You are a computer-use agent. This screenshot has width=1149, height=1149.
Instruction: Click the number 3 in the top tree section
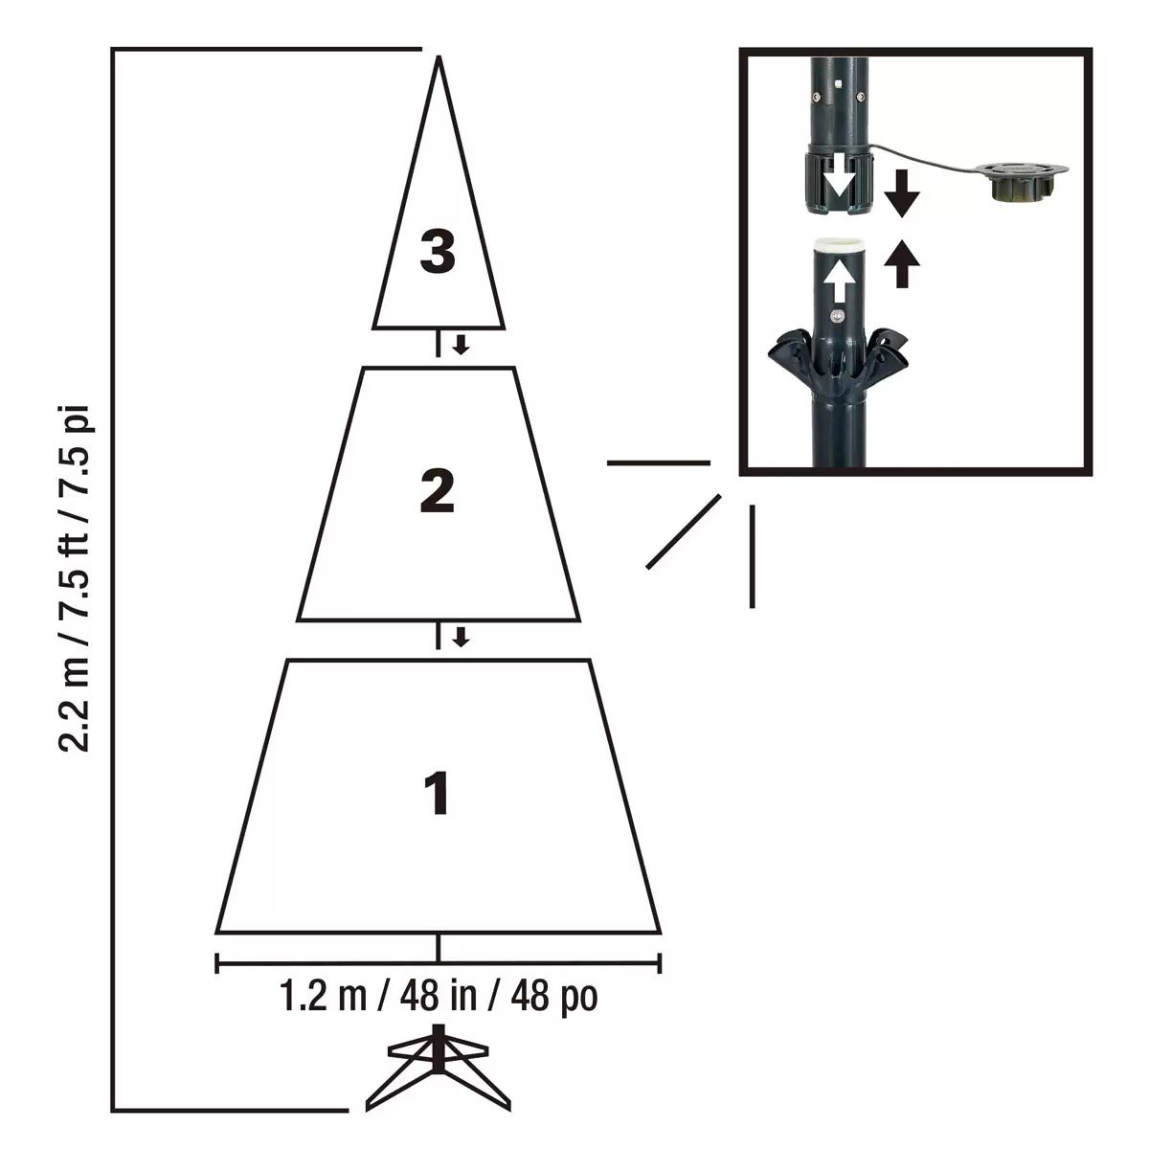[438, 253]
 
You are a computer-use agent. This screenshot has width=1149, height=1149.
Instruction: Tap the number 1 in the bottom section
[437, 794]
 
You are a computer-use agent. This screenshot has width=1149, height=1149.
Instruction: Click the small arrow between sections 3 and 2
[462, 345]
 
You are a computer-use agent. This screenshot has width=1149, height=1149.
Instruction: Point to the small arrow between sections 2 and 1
[462, 637]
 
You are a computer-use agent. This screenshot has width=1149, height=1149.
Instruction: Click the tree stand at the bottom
[439, 1077]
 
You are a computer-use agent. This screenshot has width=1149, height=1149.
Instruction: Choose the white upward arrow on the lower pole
[840, 281]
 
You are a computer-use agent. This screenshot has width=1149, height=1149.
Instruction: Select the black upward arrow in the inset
[901, 264]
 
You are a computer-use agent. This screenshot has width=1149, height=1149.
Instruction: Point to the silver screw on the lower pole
[839, 315]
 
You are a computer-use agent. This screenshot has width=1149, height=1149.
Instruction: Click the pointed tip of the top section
[439, 59]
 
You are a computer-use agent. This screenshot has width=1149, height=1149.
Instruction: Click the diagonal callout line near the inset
[683, 531]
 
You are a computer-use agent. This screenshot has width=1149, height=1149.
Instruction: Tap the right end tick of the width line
[661, 962]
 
